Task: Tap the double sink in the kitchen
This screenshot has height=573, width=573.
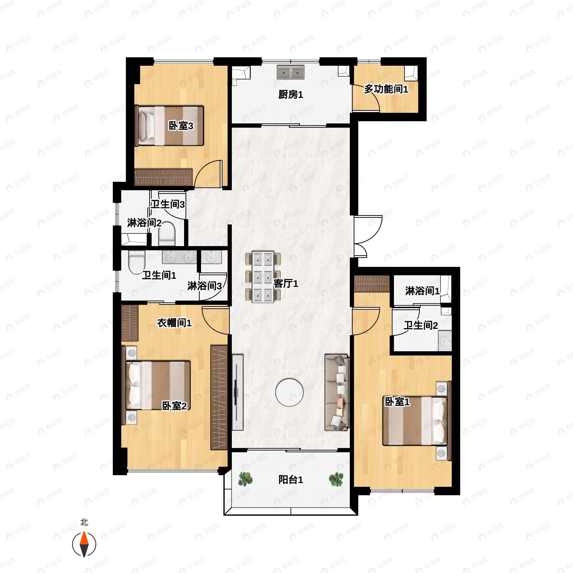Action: click(291, 72)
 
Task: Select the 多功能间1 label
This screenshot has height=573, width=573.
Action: click(386, 89)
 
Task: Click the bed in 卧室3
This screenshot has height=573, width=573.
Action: click(169, 126)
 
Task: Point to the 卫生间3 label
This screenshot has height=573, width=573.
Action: click(168, 204)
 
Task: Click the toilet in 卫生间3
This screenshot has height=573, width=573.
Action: click(167, 234)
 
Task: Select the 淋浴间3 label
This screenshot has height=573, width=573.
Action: click(204, 286)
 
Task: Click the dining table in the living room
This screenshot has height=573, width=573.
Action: click(263, 277)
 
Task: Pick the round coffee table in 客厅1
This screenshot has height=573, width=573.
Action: click(289, 392)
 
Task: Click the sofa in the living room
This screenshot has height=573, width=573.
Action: click(337, 392)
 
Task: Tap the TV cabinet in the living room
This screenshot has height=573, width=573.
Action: click(237, 392)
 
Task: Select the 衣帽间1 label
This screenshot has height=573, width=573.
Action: click(174, 323)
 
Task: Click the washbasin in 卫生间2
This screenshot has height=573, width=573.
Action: click(445, 341)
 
